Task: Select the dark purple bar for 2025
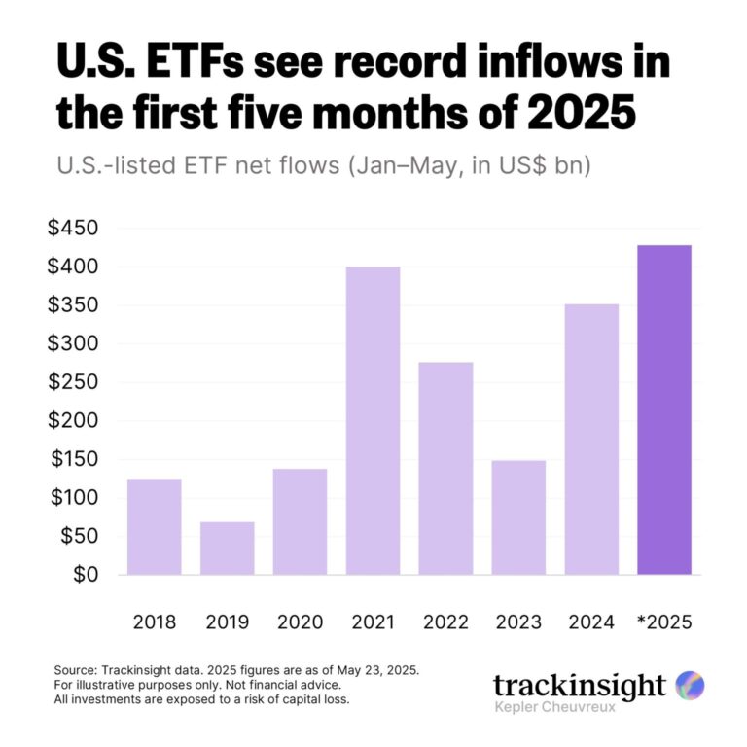pos(664,409)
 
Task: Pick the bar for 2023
pos(518,516)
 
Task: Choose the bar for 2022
pos(445,468)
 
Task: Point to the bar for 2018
pos(155,526)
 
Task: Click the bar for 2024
pos(591,439)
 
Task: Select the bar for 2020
pos(301,521)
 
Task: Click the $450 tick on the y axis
pos(75,229)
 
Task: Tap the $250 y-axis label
pos(75,382)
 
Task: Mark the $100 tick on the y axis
pos(75,498)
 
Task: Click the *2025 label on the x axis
pos(664,622)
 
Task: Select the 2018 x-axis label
pos(155,622)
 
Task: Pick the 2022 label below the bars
pos(445,622)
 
